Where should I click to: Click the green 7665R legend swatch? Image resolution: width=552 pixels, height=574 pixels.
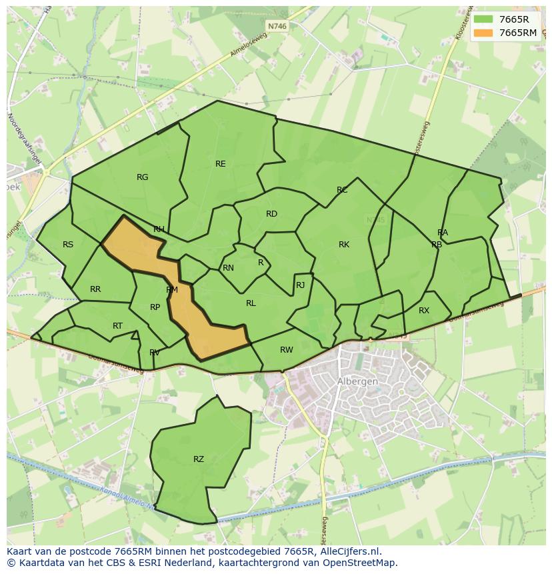(x=483, y=19)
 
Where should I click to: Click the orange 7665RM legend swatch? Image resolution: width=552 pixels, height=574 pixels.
(x=483, y=33)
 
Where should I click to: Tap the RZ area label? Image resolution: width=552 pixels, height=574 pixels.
(x=199, y=459)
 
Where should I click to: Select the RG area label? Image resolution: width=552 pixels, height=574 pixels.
(x=142, y=177)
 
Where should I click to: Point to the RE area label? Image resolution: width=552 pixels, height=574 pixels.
(x=220, y=164)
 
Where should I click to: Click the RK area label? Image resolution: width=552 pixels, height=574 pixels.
(x=344, y=245)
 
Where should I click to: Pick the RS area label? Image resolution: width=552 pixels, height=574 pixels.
(x=68, y=245)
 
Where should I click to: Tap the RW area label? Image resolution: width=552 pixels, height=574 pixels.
(x=287, y=350)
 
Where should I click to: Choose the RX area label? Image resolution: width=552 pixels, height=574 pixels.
(x=424, y=311)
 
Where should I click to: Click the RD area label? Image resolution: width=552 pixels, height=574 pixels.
(x=271, y=214)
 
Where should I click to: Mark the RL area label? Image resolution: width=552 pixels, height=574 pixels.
(x=251, y=303)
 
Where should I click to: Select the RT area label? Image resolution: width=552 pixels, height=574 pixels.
(x=117, y=326)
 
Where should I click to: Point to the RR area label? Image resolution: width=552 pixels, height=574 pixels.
(x=95, y=289)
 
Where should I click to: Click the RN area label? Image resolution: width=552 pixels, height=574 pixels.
(x=228, y=268)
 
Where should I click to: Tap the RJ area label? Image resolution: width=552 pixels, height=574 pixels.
(x=300, y=285)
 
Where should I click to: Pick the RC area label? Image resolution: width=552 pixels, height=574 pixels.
(x=342, y=191)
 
